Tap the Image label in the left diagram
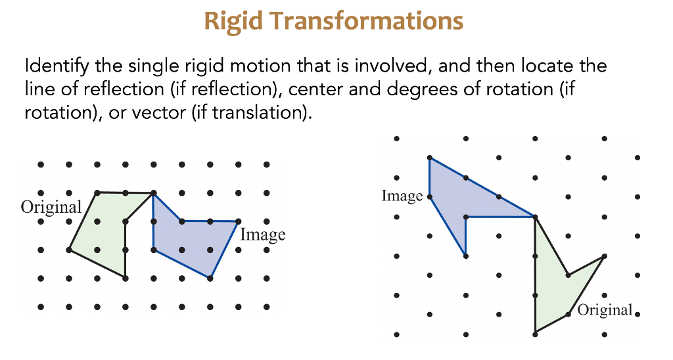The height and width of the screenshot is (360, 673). (263, 234)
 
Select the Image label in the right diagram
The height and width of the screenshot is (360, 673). (402, 196)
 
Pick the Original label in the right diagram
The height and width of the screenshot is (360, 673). (605, 309)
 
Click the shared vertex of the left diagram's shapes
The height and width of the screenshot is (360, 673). (153, 193)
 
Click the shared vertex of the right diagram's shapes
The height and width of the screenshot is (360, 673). (535, 217)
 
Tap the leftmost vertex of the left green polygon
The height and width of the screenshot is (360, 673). (69, 250)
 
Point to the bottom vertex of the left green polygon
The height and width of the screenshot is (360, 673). (125, 278)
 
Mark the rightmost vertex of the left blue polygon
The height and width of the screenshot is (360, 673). (237, 221)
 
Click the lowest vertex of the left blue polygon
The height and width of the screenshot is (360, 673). (210, 278)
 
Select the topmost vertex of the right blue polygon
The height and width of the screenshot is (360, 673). (429, 158)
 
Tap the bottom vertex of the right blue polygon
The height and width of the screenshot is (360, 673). (465, 256)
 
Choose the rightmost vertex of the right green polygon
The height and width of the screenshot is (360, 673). (604, 256)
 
